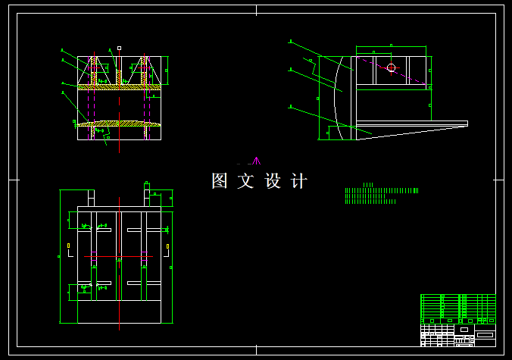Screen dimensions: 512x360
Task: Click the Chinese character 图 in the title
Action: coord(220,181)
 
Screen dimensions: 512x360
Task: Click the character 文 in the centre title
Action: coord(246,181)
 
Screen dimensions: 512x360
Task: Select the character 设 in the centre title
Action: coord(273,181)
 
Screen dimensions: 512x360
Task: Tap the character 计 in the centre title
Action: coord(299,181)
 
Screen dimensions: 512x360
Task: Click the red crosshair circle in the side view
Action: coord(391,68)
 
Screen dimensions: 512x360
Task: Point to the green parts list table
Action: coord(457,306)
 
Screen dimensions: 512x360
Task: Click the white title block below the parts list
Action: coord(457,333)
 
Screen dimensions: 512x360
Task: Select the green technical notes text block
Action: coord(380,196)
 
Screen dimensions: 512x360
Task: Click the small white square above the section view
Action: coord(119,48)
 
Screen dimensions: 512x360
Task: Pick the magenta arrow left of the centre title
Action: coord(256,161)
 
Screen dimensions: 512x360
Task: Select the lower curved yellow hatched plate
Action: coord(120,123)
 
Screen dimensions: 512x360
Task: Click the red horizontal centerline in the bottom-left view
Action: coord(119,257)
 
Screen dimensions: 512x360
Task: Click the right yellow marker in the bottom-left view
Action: coord(167,246)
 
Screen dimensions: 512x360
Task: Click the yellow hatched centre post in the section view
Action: coord(120,78)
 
